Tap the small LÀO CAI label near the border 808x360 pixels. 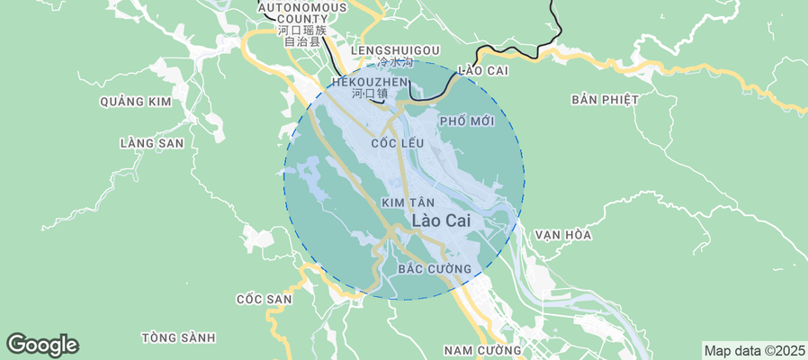click(x=484, y=70)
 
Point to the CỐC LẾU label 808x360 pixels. click(x=397, y=143)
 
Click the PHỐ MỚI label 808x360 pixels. click(x=467, y=121)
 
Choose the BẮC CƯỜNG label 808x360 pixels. click(x=434, y=269)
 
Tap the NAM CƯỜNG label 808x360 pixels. click(x=482, y=350)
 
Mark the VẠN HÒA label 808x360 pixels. click(x=562, y=235)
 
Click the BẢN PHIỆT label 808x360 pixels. click(x=604, y=99)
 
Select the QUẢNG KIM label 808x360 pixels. click(x=135, y=102)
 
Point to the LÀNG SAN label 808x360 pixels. click(x=151, y=143)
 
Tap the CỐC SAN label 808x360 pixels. click(x=264, y=299)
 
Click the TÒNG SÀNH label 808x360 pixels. click(x=178, y=337)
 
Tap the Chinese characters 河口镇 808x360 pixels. click(x=369, y=94)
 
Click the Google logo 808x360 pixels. click(x=42, y=345)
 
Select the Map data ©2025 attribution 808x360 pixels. click(x=753, y=350)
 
